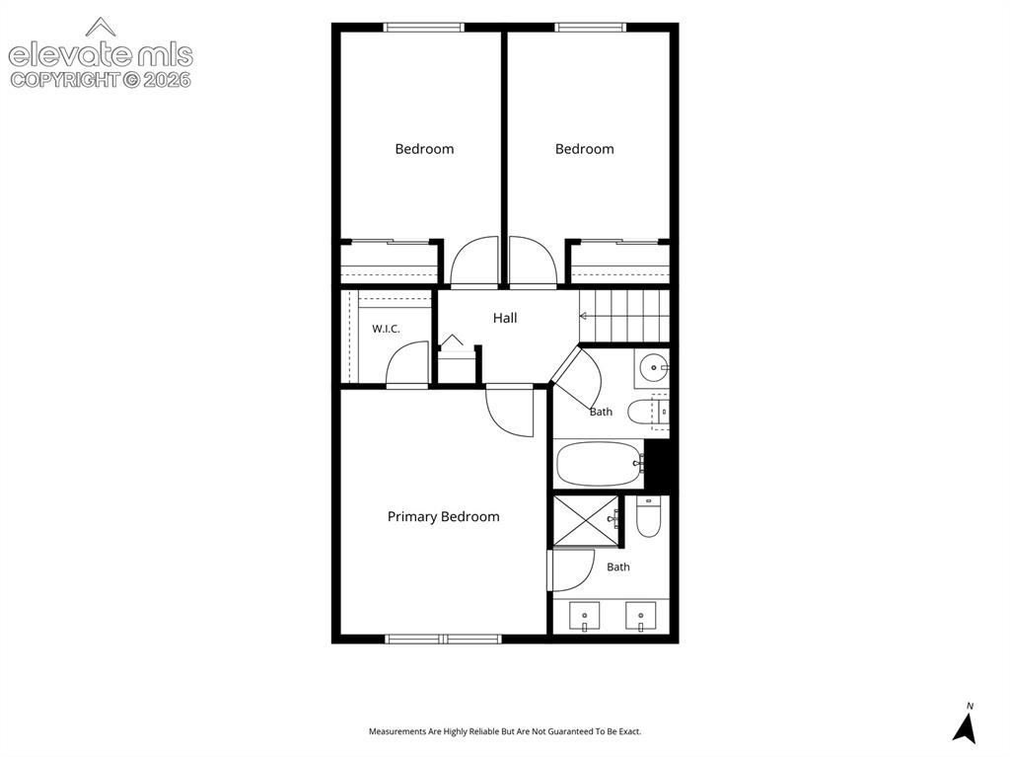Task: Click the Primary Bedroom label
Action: pyautogui.click(x=443, y=516)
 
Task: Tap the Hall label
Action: pyautogui.click(x=505, y=318)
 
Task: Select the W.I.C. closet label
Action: pyautogui.click(x=386, y=329)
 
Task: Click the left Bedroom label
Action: pyautogui.click(x=424, y=149)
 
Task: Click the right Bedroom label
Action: pyautogui.click(x=584, y=149)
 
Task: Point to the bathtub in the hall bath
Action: pyautogui.click(x=599, y=464)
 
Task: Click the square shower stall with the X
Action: pyautogui.click(x=586, y=521)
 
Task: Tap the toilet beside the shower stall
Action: pyautogui.click(x=649, y=516)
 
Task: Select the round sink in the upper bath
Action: pyautogui.click(x=653, y=367)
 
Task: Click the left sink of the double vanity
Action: pyautogui.click(x=584, y=617)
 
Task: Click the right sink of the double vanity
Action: pyautogui.click(x=641, y=617)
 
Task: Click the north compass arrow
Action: pyautogui.click(x=965, y=728)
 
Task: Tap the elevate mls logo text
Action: pyautogui.click(x=101, y=55)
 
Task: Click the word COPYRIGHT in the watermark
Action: pyautogui.click(x=65, y=80)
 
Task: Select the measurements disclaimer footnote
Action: pyautogui.click(x=505, y=731)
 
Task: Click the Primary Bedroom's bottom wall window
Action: pyautogui.click(x=443, y=639)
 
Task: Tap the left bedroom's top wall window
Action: pyautogui.click(x=424, y=27)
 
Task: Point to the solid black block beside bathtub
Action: pyautogui.click(x=657, y=464)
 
